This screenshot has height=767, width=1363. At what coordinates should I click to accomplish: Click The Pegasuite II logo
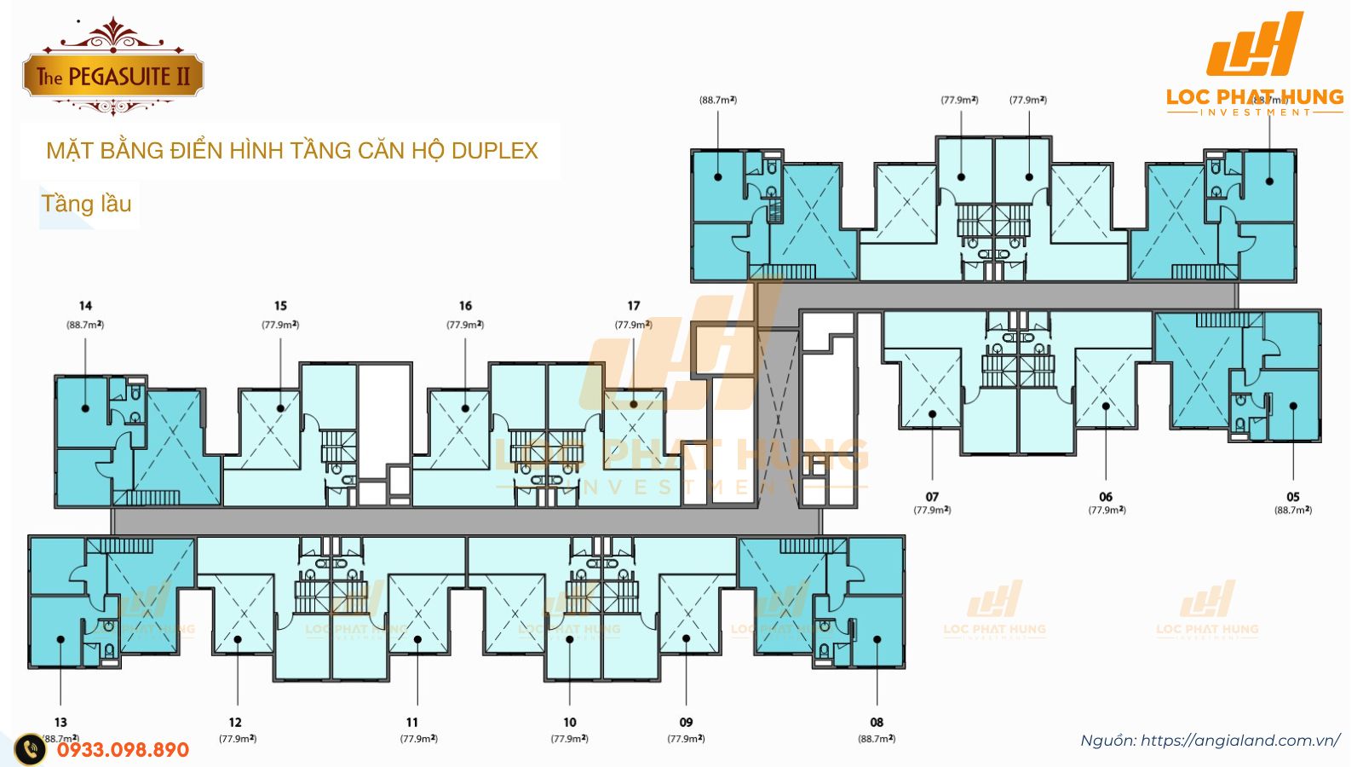coord(112,75)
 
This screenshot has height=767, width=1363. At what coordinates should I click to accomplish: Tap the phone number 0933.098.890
coord(123,750)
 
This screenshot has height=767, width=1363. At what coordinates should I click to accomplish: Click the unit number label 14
coord(85,305)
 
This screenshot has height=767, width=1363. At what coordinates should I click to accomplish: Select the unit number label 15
coord(280,305)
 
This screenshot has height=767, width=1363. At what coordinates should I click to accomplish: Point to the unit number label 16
coord(465,305)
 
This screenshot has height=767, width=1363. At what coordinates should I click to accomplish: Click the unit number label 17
coord(633,305)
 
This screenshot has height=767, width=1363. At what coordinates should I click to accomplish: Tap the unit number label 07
coord(932,496)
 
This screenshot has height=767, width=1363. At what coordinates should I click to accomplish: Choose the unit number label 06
coord(1106,496)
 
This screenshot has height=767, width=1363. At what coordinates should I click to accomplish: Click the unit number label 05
coord(1293,496)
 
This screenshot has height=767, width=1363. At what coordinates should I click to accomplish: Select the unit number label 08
coord(877,722)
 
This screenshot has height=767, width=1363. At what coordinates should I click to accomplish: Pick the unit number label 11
coord(412,722)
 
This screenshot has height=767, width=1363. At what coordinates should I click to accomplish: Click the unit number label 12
coord(235,722)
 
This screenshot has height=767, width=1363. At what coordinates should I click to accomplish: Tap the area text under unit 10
coord(569,739)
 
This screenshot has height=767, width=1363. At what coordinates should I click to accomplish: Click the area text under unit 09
coord(686,739)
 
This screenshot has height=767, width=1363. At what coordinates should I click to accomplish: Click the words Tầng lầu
coord(86,204)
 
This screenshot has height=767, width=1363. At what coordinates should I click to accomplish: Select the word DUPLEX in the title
coord(494,151)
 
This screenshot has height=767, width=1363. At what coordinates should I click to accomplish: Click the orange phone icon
coord(31,749)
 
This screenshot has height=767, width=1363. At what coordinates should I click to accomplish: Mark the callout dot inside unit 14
coord(85,408)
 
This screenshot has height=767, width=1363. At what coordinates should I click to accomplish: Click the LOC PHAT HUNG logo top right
coord(1255,64)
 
